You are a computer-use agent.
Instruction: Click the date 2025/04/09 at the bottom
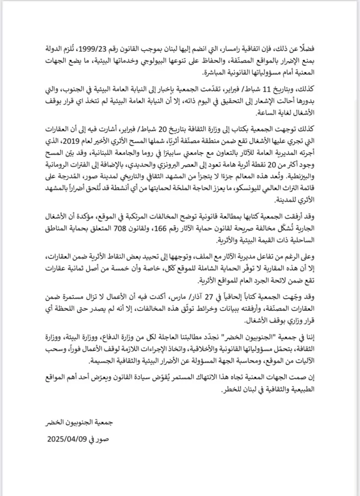pos(72,440)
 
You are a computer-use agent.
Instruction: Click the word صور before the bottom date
pos(106,440)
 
